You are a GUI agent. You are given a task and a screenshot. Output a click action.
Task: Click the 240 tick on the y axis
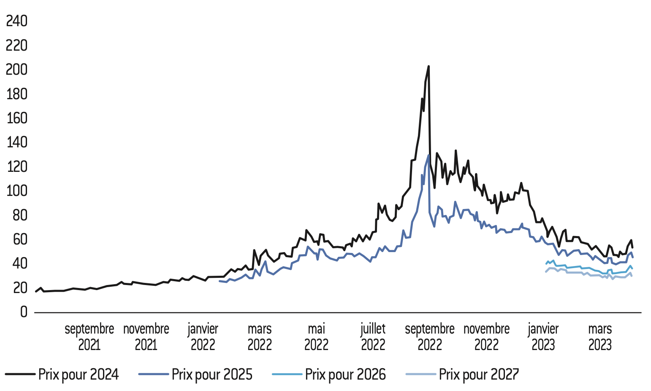pos(16,21)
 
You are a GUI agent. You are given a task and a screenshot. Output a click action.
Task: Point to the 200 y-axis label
pos(16,70)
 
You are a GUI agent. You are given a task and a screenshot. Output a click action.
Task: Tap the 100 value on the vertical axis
pos(16,191)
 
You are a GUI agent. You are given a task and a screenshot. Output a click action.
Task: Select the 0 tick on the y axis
pos(23,312)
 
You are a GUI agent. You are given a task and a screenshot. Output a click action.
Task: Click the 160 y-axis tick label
pos(16,118)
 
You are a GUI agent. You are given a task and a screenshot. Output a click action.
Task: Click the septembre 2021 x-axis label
pos(89,337)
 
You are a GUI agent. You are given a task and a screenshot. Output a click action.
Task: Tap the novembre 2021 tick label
pos(146,337)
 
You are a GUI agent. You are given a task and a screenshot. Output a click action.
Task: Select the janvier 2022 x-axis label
pos(203,337)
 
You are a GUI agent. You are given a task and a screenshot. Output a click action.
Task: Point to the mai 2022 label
pos(316,337)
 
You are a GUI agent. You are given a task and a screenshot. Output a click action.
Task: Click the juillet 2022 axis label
pos(373,337)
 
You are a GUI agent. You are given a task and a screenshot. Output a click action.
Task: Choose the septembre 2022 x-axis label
pos(429,337)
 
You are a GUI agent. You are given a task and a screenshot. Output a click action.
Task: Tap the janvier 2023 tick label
pos(543,337)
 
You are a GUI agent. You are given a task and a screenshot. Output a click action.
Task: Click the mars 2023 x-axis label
pos(600,337)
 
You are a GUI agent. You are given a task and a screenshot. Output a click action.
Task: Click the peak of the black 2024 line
pos(429,66)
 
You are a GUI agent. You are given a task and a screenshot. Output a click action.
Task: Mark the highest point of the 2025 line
pos(428,155)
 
